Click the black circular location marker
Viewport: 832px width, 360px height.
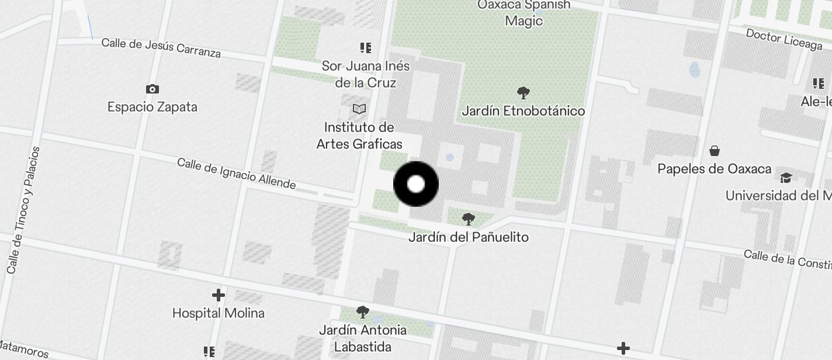point(416,185)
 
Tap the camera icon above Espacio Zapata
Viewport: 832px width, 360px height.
point(152,89)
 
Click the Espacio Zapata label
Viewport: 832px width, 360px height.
point(152,107)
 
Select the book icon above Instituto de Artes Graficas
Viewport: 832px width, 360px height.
point(359,109)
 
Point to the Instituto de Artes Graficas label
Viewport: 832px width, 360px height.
point(359,136)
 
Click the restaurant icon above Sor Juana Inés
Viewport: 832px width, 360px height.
point(366,48)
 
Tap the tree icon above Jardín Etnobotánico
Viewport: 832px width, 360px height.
point(524,92)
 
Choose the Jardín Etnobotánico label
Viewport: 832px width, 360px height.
point(524,111)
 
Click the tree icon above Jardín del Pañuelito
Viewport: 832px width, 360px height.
point(468,219)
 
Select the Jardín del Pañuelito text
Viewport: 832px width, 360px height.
point(468,237)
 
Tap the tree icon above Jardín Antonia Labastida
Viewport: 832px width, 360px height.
point(363,311)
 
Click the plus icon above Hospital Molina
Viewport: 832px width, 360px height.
point(219,295)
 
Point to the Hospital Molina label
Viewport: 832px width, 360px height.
point(219,313)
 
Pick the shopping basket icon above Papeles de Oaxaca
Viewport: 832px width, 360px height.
point(714,151)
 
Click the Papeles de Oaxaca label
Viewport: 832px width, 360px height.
point(714,169)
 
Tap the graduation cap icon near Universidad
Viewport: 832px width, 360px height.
point(786,178)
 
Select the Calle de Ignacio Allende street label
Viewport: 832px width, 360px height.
point(237,174)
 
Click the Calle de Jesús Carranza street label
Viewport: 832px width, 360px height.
point(161,48)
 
